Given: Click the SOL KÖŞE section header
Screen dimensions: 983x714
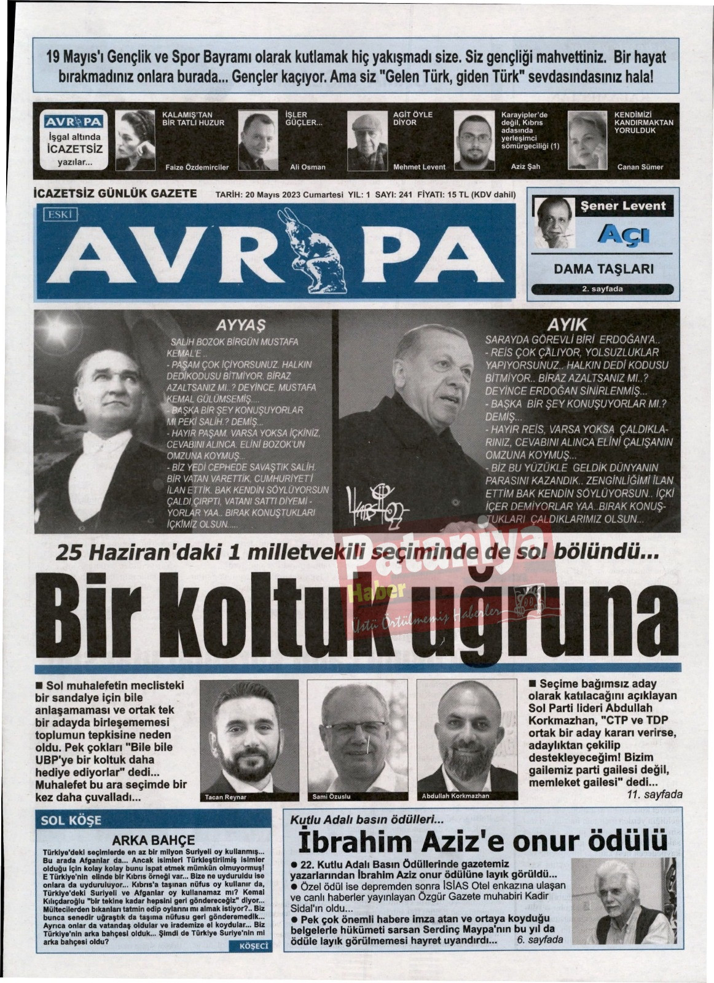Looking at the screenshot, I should (x=71, y=820).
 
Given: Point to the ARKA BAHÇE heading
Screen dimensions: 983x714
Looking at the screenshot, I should (x=153, y=840).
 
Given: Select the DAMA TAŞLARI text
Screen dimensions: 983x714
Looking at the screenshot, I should (x=603, y=268).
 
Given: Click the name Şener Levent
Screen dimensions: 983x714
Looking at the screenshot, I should (x=623, y=206).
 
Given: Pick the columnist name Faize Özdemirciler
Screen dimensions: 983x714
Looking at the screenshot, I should (x=197, y=167).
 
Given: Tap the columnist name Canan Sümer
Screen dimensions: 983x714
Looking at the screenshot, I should (x=640, y=166).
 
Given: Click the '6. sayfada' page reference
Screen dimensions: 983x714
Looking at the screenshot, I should (x=540, y=940).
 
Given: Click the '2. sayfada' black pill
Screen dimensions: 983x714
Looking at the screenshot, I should (x=602, y=289).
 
